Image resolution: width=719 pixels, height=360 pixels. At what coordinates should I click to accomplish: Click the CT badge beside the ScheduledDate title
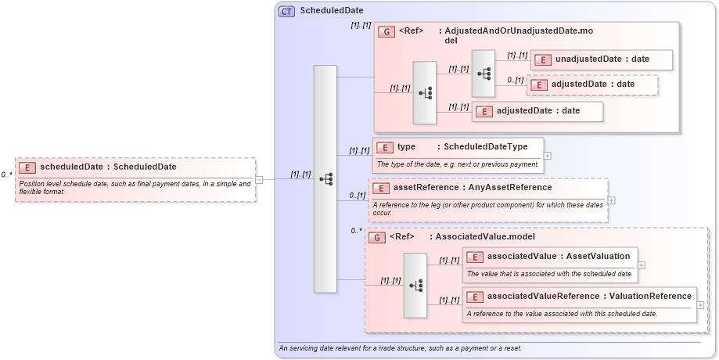point(286,11)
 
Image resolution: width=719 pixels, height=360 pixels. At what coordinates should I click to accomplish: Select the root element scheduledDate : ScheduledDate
point(108,167)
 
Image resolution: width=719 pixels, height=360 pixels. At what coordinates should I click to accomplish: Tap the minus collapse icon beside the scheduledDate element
point(259,179)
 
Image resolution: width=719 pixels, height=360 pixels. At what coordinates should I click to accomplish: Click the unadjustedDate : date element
point(601,59)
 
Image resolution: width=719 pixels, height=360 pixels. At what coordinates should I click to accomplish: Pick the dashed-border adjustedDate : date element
point(592,85)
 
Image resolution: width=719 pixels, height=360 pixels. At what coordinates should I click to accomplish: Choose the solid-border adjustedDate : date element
point(537,111)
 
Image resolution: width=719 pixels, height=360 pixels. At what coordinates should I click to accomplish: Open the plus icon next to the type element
point(547,156)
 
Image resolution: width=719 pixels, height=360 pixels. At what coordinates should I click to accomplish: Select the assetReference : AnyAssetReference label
point(462,188)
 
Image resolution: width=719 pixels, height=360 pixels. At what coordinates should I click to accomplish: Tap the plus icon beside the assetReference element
point(611,200)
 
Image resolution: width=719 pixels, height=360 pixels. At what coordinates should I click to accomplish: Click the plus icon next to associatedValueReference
point(700,305)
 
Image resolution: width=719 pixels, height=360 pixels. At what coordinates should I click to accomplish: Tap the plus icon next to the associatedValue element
point(641,266)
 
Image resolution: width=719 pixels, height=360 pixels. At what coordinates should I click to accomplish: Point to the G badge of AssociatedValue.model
point(376,236)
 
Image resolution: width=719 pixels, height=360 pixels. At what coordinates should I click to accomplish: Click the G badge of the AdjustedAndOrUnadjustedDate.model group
point(386,31)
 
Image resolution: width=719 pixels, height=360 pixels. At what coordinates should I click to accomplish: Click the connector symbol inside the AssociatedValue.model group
point(415,285)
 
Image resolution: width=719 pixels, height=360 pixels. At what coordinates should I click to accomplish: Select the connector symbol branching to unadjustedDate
point(484,73)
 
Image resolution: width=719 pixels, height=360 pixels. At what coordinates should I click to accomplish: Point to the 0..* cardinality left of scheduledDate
point(7,175)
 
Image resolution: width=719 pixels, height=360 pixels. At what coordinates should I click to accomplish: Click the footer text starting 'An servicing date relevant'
point(400,348)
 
